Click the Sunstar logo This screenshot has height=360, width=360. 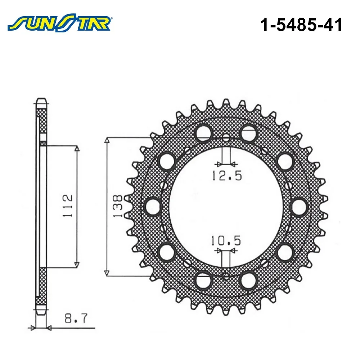coord(59,23)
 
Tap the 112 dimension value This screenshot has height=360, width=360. coord(68,206)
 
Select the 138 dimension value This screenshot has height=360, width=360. coord(118,206)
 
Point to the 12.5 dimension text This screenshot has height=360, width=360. coord(227,176)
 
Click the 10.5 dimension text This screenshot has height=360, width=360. coord(226,240)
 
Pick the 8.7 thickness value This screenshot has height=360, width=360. coord(76,319)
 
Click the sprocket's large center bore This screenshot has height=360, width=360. coord(226,207)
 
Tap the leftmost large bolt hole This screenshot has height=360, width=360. coord(153,207)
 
